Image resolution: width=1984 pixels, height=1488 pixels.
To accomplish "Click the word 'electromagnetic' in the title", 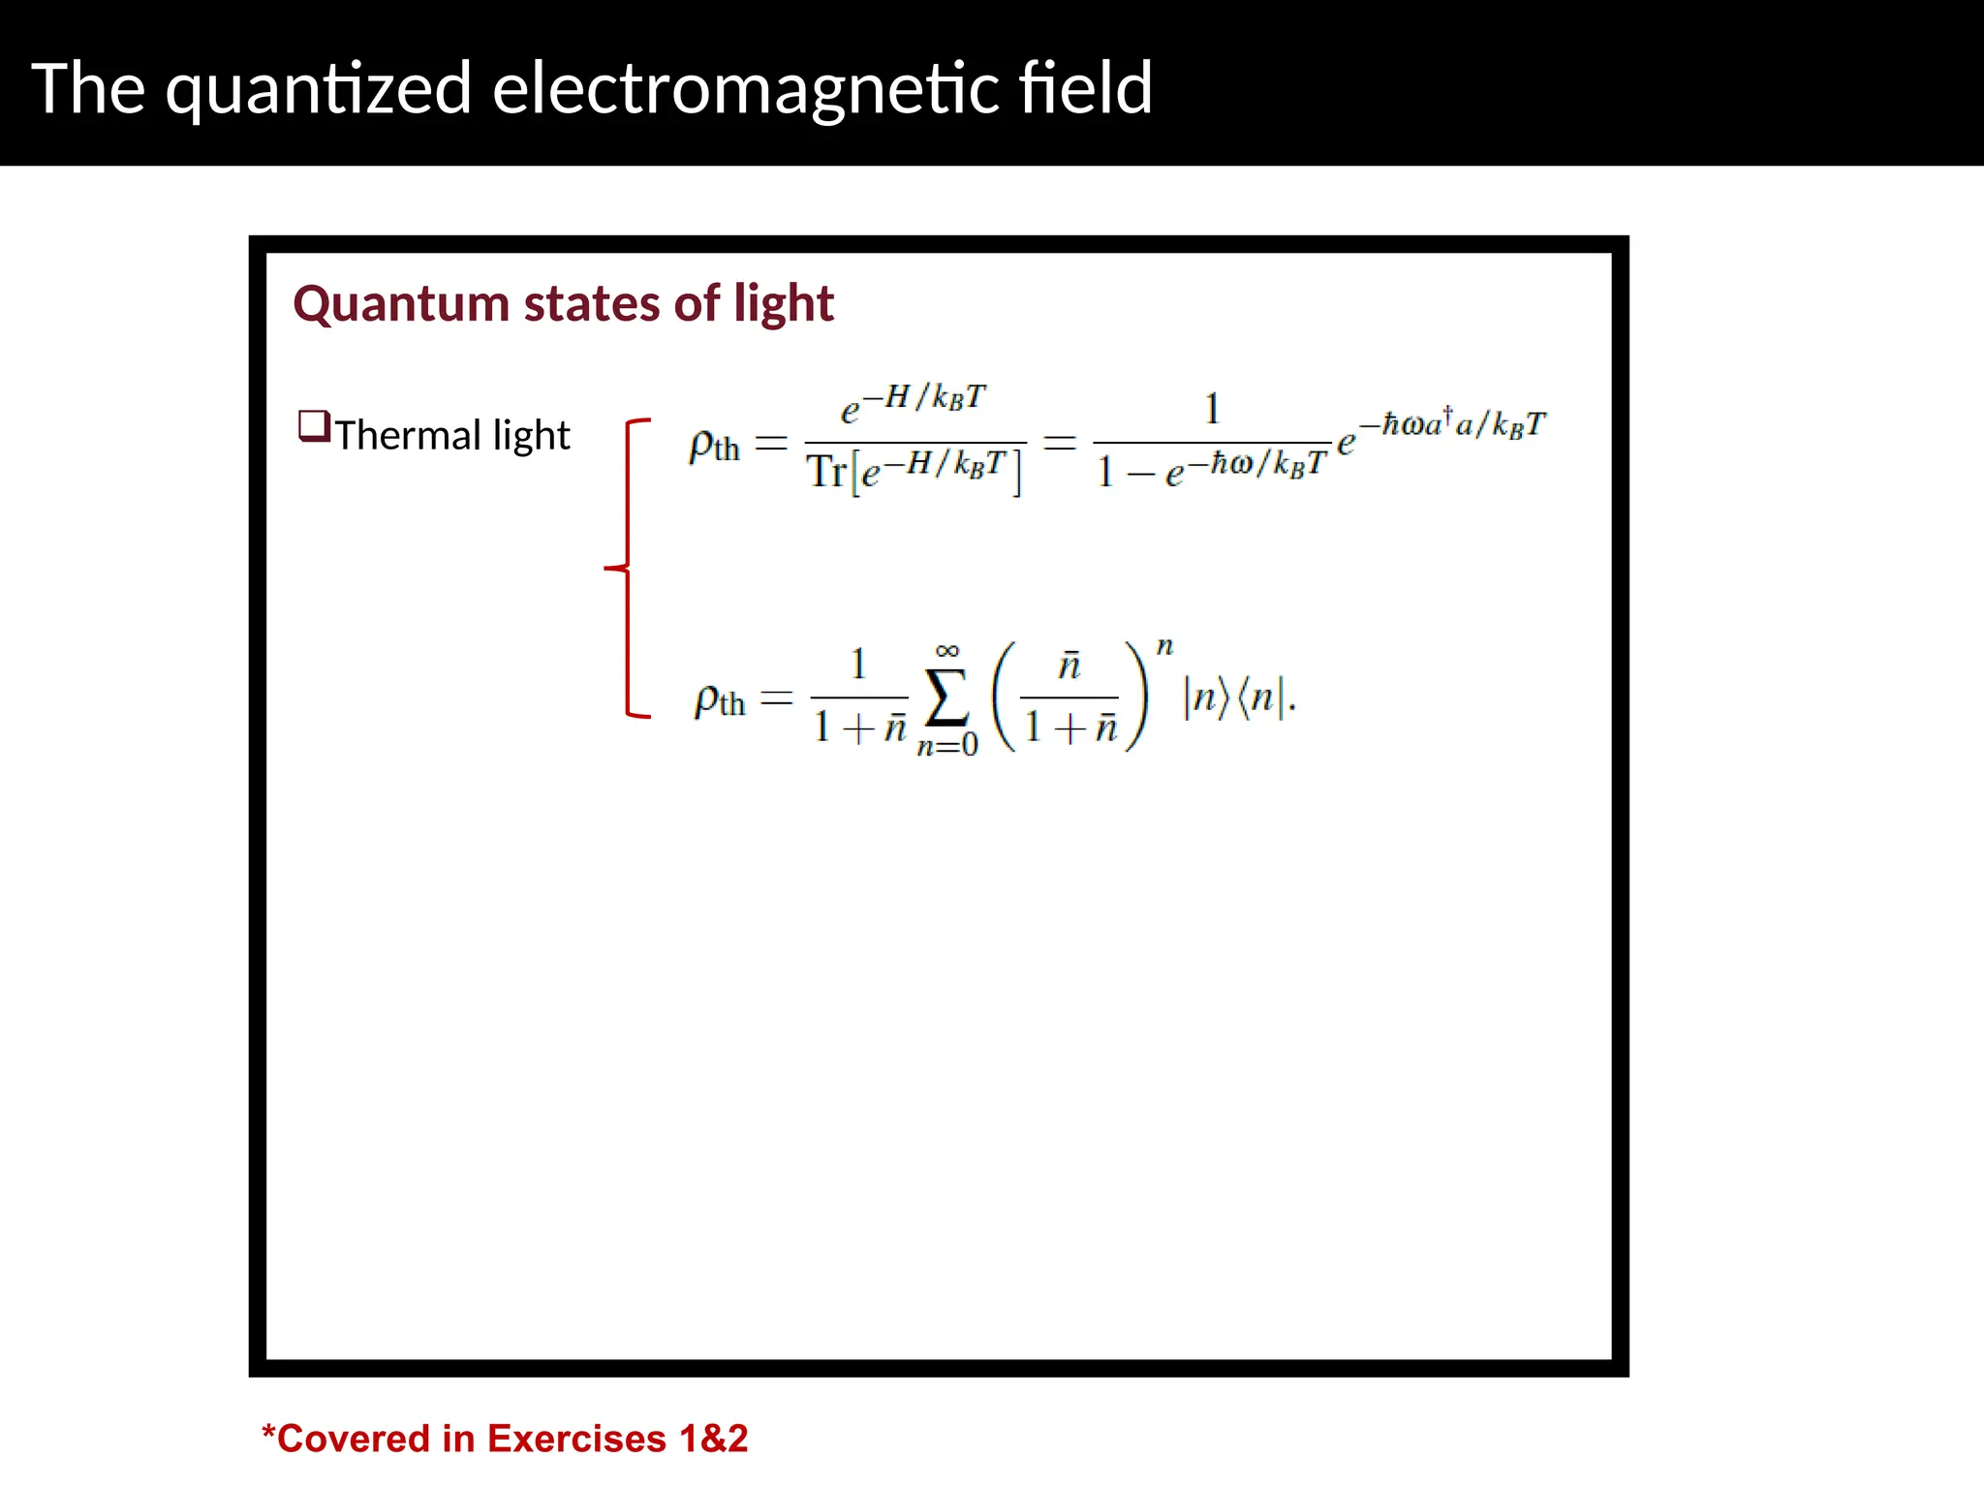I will (745, 88).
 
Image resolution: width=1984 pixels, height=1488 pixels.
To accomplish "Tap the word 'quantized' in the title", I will (319, 90).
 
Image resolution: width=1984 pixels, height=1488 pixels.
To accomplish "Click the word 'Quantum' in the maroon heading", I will (401, 304).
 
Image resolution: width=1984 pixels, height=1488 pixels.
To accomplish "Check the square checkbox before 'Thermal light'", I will (314, 426).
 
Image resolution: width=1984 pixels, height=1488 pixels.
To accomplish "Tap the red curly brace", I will (629, 568).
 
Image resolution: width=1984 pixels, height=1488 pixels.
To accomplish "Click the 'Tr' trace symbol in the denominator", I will (826, 472).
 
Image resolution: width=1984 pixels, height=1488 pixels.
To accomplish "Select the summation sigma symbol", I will (946, 697).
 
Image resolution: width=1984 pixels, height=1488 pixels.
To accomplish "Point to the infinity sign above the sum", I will (947, 651).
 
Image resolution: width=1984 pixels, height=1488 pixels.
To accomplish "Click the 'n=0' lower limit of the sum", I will (947, 745).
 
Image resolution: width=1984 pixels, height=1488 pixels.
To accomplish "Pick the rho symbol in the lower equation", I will (707, 699).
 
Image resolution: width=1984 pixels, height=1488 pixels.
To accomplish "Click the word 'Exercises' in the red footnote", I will (576, 1439).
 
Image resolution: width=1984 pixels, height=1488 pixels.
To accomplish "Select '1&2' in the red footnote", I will (714, 1439).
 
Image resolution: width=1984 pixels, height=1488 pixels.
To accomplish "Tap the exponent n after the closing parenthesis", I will (1164, 646).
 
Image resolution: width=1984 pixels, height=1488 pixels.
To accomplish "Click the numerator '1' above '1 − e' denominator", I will (1212, 409).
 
